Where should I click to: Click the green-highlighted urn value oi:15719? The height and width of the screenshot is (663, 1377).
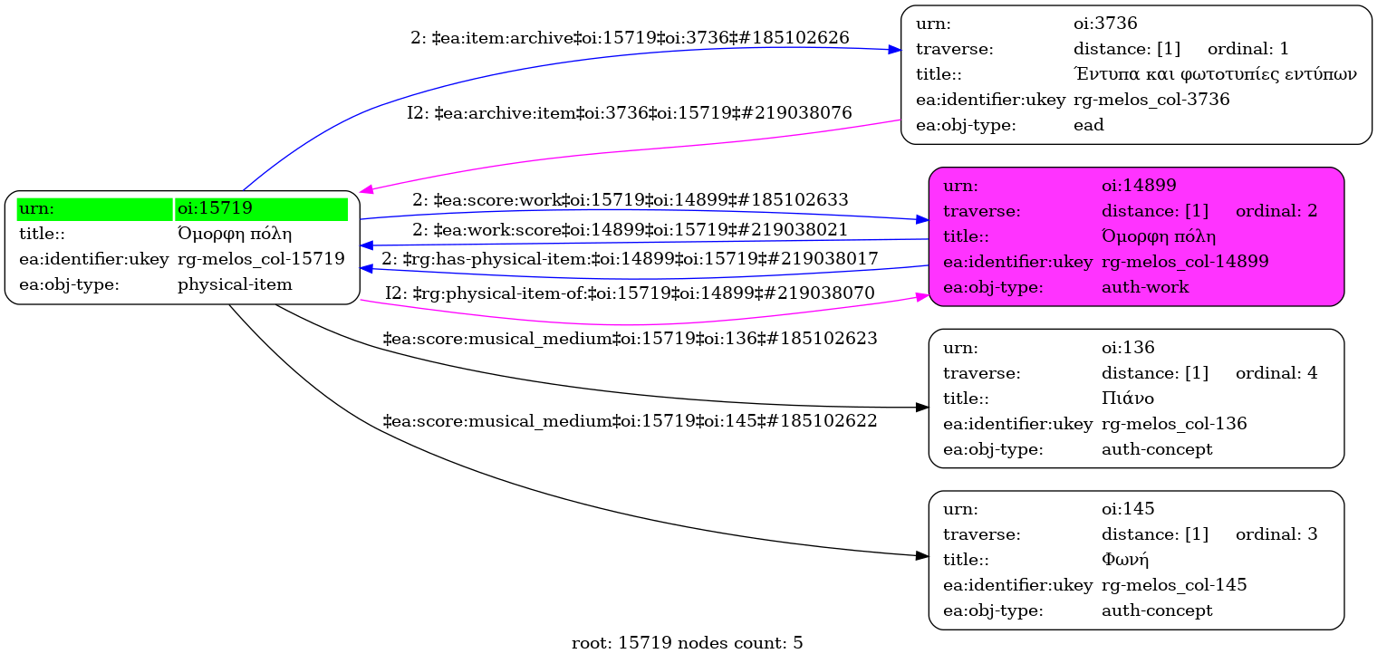214,208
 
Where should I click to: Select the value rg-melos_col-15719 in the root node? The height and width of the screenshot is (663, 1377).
261,259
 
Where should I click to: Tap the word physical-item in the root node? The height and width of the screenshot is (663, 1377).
235,284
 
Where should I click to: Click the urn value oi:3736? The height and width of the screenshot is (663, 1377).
1104,24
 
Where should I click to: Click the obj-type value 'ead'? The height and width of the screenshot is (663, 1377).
1088,125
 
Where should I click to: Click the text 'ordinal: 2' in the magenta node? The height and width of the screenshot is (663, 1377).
1276,211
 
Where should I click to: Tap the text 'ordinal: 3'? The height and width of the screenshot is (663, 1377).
1276,533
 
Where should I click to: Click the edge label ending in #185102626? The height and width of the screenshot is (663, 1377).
630,38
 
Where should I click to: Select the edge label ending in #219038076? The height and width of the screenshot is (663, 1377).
630,113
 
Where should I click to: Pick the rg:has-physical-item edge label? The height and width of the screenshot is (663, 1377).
630,258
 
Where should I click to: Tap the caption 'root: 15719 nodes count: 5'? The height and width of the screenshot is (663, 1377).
688,644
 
